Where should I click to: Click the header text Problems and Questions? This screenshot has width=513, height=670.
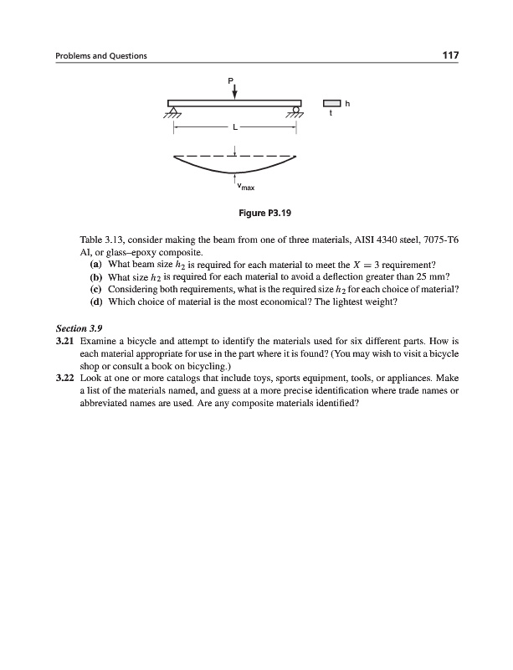[101, 57]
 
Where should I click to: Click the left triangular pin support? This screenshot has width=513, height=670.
[174, 111]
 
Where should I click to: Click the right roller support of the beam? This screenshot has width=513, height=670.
[295, 111]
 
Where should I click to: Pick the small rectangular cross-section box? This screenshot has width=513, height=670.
[331, 103]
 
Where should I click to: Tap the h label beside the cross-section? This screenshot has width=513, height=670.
[347, 103]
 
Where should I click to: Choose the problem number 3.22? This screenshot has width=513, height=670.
[64, 379]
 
